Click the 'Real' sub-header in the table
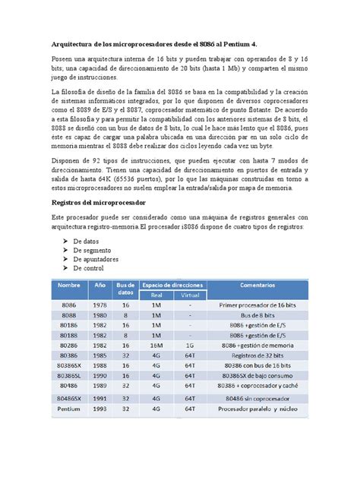(156, 294)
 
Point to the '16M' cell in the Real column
(156, 345)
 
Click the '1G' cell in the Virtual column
(188, 345)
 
